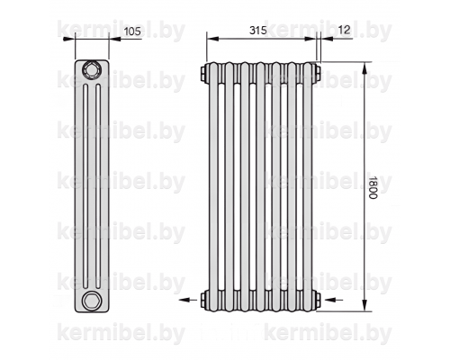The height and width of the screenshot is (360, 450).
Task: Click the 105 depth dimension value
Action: (x=132, y=31)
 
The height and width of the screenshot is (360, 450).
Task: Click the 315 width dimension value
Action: (x=257, y=31)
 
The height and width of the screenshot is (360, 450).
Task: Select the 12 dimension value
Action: (x=344, y=30)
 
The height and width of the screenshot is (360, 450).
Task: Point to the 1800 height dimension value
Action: (x=372, y=187)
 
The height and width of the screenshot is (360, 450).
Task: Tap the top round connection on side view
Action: (x=91, y=69)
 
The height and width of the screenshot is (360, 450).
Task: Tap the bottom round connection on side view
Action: (x=91, y=301)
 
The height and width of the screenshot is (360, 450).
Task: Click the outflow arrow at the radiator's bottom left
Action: (x=188, y=300)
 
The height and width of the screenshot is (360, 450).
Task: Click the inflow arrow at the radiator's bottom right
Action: (x=334, y=300)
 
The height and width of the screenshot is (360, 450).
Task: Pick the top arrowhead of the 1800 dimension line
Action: (x=364, y=68)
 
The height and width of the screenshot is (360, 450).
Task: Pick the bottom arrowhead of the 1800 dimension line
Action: (x=364, y=305)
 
